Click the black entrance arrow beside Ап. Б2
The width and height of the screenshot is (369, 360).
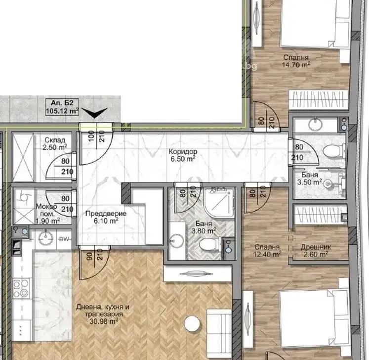tap(95, 113)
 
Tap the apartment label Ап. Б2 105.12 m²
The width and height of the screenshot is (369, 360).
tap(62, 107)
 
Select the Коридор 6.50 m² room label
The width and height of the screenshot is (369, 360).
tap(183, 155)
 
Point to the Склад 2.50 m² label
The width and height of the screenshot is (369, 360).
tap(55, 144)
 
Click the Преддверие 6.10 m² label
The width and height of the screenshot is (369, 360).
tap(106, 217)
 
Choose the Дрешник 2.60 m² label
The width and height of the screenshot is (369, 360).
tap(316, 251)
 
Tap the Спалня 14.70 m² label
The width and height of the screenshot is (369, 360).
tap(296, 61)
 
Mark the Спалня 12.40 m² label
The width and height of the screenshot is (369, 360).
tap(267, 251)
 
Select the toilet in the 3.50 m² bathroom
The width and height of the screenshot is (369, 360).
tap(333, 150)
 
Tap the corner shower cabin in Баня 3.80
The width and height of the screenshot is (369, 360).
tap(219, 202)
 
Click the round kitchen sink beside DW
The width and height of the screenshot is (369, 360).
tap(44, 237)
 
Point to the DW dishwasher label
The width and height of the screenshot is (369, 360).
tap(64, 239)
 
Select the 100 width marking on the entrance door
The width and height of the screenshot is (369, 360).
tap(91, 136)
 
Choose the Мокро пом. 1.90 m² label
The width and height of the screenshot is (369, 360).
tap(47, 214)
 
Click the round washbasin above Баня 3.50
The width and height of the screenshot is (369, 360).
tap(315, 125)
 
